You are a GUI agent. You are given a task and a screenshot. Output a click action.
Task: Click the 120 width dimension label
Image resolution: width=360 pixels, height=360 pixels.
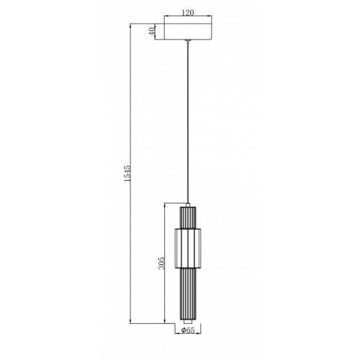[x=188, y=12]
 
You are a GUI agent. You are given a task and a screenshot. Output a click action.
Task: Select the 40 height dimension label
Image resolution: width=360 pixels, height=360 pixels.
[x=151, y=32]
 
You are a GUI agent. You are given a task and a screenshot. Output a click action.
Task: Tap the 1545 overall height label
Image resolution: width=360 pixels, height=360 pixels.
[x=127, y=173]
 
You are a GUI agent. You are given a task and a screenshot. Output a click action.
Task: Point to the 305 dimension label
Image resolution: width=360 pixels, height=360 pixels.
[x=161, y=263]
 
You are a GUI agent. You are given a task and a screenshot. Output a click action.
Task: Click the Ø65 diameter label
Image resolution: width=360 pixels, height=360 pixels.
[x=188, y=330]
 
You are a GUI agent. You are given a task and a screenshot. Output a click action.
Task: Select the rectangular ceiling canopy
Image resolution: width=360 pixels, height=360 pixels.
[x=188, y=32]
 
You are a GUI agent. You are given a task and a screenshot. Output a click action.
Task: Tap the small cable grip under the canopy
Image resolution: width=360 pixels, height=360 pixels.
[x=188, y=41]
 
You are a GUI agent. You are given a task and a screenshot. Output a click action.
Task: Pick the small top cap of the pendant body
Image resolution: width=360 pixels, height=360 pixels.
[x=188, y=204]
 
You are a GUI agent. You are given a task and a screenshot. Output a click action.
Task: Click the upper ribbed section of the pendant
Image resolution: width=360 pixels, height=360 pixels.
[x=188, y=217]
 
